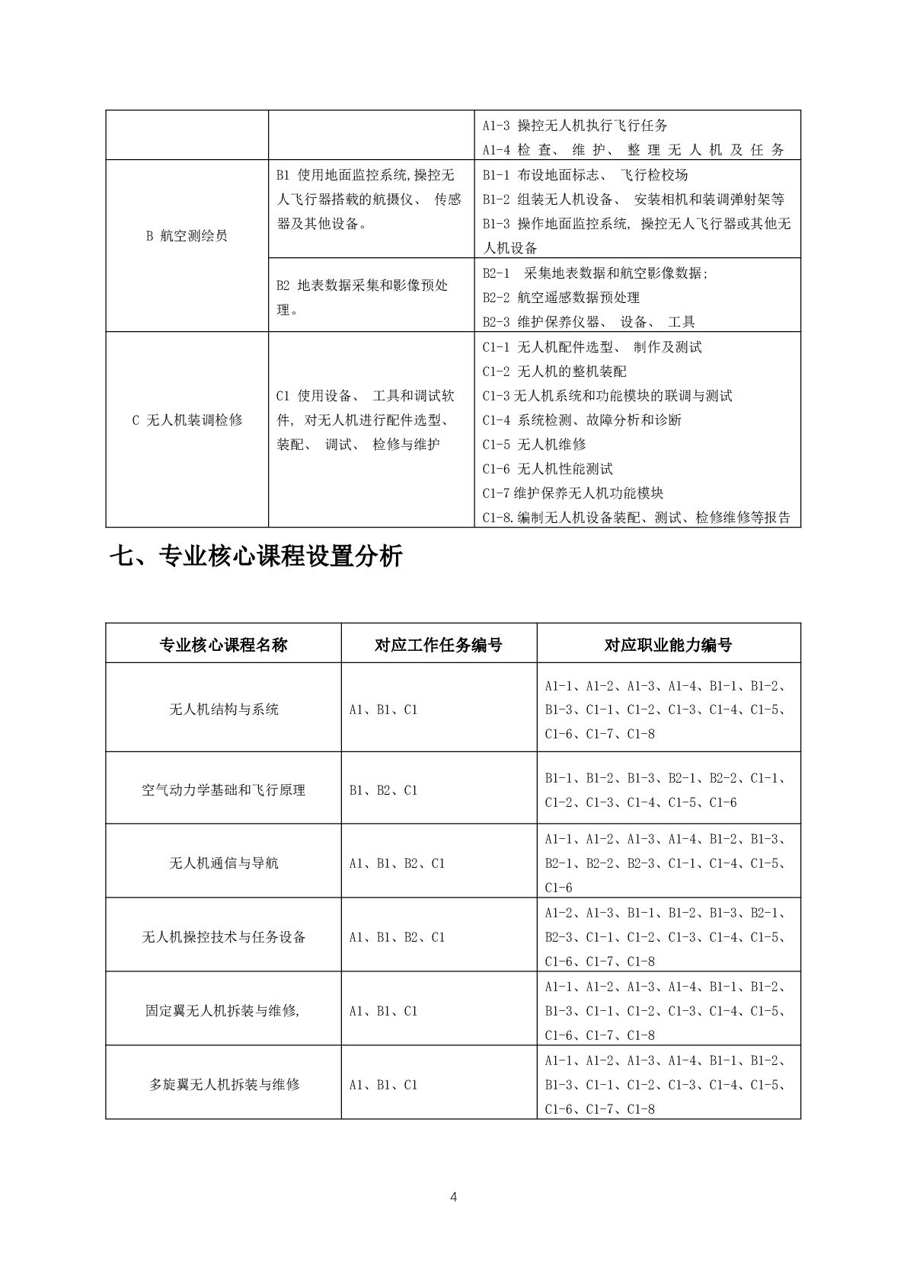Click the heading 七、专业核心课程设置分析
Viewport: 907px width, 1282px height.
pyautogui.click(x=256, y=557)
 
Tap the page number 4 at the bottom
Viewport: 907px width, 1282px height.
pyautogui.click(x=454, y=1197)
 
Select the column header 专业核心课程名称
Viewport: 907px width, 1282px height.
pyautogui.click(x=223, y=645)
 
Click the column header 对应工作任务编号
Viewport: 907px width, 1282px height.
pyautogui.click(x=439, y=645)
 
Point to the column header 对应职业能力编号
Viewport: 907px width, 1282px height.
pyautogui.click(x=668, y=645)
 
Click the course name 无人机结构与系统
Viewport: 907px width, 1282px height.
pyautogui.click(x=223, y=710)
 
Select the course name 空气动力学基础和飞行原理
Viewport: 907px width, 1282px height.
pyautogui.click(x=223, y=790)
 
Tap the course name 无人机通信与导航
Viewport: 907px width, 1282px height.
pyautogui.click(x=223, y=863)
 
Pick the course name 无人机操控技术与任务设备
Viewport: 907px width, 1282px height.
pyautogui.click(x=223, y=937)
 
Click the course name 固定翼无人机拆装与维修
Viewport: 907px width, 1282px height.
pyautogui.click(x=222, y=1011)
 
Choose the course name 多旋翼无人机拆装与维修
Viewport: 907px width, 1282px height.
pyautogui.click(x=224, y=1085)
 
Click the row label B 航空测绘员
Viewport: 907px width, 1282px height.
pyautogui.click(x=187, y=236)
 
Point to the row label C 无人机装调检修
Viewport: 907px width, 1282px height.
pyautogui.click(x=187, y=420)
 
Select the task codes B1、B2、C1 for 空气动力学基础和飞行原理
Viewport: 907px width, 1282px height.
pyautogui.click(x=383, y=790)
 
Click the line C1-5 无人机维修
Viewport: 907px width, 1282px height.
pyautogui.click(x=534, y=445)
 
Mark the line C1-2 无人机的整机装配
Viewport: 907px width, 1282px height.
pyautogui.click(x=554, y=372)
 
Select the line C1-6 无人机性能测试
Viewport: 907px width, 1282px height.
pyautogui.click(x=548, y=469)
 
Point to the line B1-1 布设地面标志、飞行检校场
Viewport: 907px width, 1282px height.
pyautogui.click(x=585, y=175)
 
